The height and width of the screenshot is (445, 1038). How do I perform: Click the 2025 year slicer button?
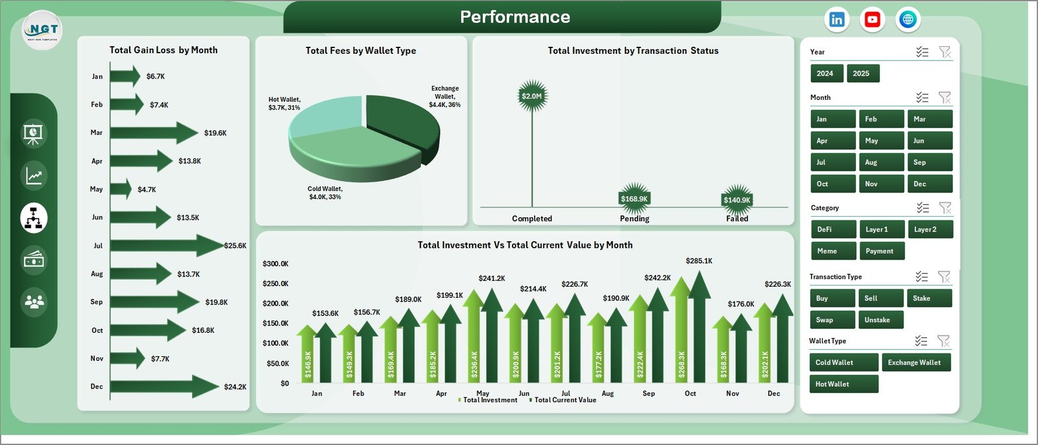point(862,73)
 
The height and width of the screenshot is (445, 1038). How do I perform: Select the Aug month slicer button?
point(881,162)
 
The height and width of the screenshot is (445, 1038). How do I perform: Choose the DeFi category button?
point(832,229)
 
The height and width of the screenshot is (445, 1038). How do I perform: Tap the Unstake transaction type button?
point(880,320)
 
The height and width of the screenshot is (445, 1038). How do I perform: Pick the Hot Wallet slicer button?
point(843,384)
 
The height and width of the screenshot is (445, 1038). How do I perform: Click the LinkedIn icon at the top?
point(837,19)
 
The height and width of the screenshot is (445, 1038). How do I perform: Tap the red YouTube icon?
point(873,19)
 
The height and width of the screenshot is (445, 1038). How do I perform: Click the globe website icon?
point(908,19)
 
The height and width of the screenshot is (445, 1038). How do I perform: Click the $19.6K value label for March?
point(215,133)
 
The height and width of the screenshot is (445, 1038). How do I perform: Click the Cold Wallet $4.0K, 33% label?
point(324,193)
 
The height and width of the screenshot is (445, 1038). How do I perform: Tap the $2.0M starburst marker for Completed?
point(532,96)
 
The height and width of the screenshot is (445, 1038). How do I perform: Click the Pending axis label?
point(634,219)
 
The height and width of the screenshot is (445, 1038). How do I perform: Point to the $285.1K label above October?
point(699,261)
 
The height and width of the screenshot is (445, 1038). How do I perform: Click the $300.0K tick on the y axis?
point(275,263)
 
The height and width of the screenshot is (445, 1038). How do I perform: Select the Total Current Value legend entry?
point(564,400)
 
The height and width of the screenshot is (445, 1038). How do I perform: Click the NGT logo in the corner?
point(43,30)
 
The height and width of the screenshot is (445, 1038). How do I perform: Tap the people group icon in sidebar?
point(34,302)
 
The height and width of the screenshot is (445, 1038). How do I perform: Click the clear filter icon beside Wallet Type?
point(944,341)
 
